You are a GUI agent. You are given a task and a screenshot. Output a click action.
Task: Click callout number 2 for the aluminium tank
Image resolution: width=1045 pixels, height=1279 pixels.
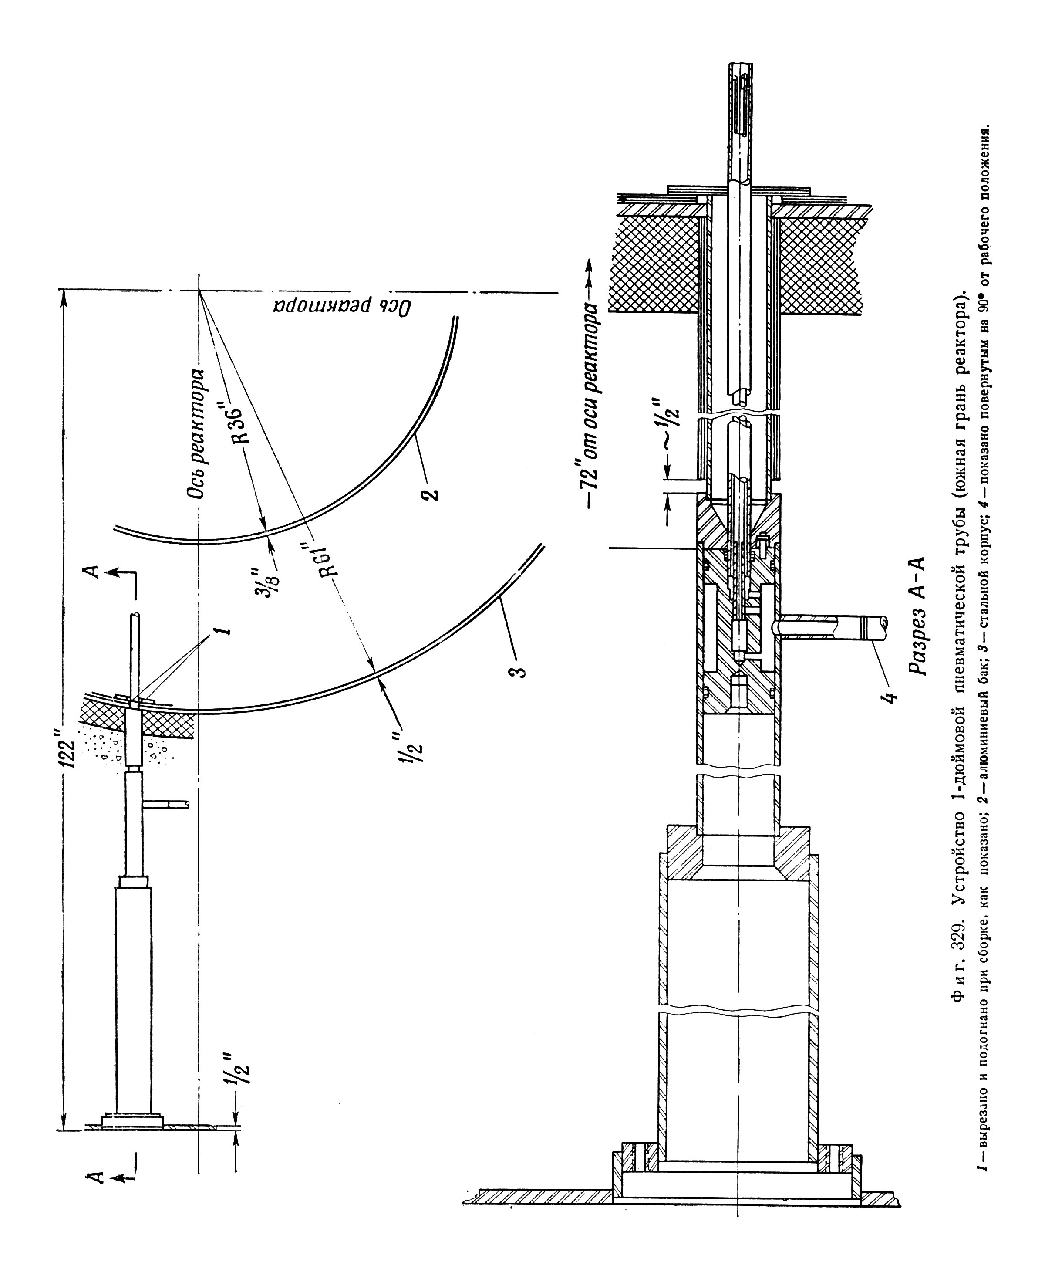pos(433,489)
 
